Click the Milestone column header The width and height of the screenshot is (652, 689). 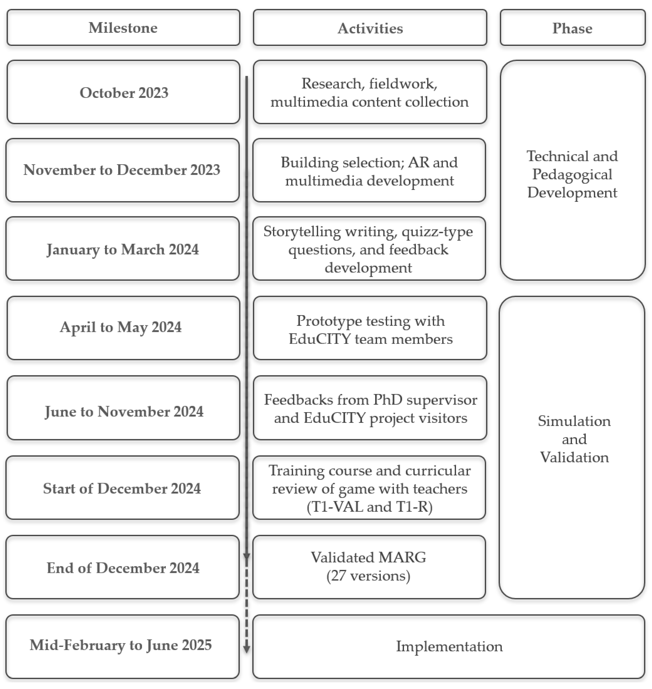(x=123, y=28)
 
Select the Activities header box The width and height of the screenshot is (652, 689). (x=370, y=28)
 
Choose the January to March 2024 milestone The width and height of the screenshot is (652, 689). (x=122, y=249)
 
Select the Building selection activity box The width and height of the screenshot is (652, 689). (x=369, y=170)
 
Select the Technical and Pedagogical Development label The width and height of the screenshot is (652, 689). (x=572, y=174)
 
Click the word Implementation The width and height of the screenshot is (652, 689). (x=449, y=647)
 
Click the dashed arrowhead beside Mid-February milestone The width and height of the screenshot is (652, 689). (x=246, y=649)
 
